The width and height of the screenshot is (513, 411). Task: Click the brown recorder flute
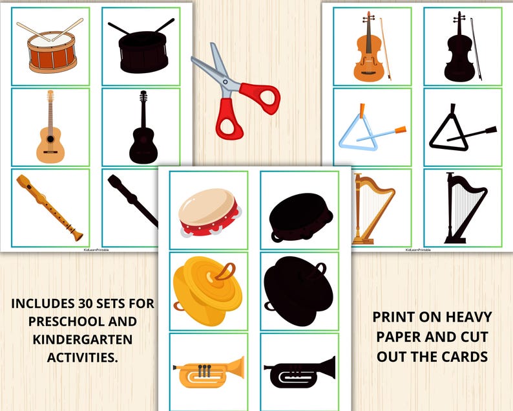(x=49, y=207)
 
